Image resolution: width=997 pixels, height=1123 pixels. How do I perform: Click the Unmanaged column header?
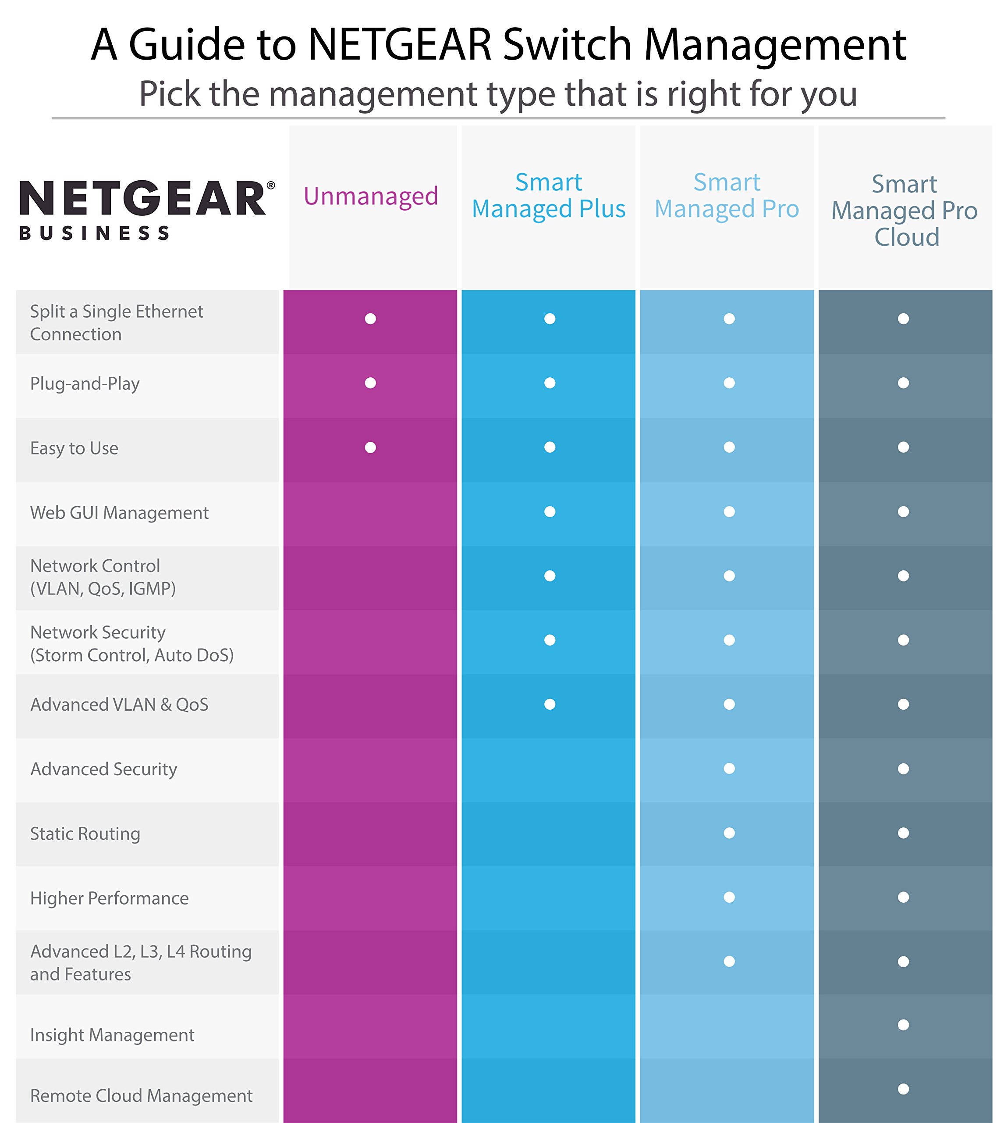point(371,196)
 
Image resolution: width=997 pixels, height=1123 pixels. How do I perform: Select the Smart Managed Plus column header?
point(549,196)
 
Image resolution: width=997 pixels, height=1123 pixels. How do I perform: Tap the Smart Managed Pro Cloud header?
point(904,211)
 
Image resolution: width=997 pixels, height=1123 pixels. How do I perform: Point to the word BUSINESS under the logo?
point(94,233)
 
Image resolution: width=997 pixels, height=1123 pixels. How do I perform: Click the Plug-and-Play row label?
point(85,383)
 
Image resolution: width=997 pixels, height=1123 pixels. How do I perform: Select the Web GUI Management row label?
point(119,513)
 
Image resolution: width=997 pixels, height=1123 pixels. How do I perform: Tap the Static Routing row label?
point(85,833)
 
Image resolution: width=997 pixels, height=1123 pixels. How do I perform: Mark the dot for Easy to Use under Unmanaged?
point(371,447)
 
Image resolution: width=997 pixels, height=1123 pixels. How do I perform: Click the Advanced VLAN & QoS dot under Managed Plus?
point(550,705)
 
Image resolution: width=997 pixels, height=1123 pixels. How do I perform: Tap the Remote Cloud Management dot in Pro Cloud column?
point(903,1088)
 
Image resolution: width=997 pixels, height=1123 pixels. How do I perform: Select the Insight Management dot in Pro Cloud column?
point(903,1025)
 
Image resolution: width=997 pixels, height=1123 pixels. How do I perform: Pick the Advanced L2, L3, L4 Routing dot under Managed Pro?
point(729,962)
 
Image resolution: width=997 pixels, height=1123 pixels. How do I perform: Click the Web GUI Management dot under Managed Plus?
point(550,511)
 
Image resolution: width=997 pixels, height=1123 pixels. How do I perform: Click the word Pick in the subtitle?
point(169,94)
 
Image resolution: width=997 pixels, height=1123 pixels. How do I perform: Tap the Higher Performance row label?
point(109,898)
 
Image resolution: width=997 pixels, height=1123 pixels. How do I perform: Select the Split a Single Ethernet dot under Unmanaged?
point(371,318)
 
